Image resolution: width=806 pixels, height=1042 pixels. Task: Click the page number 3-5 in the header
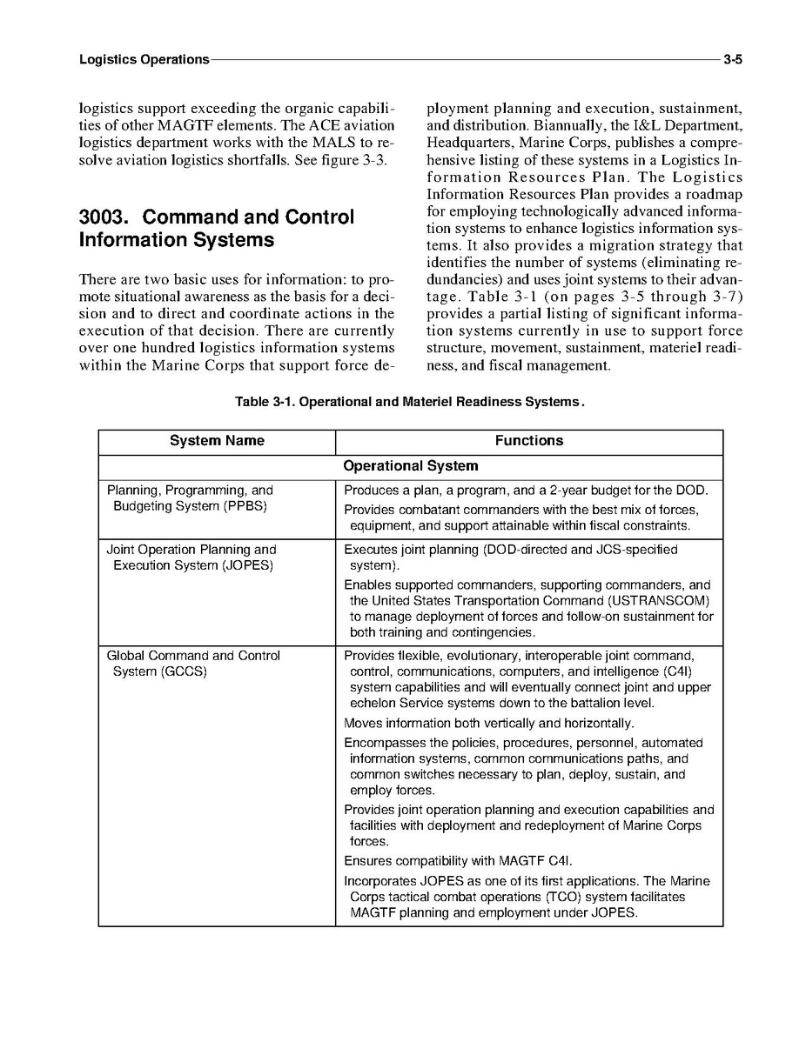(x=732, y=60)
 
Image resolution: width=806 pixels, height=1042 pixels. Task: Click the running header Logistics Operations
(x=144, y=60)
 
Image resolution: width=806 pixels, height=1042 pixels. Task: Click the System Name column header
(x=217, y=441)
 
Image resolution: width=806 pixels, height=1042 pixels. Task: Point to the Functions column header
(x=528, y=441)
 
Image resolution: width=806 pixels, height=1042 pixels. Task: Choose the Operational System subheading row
(x=410, y=466)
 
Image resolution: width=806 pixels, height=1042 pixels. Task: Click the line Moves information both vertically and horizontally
(x=488, y=724)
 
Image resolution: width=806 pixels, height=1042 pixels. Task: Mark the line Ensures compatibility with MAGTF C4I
(x=458, y=861)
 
